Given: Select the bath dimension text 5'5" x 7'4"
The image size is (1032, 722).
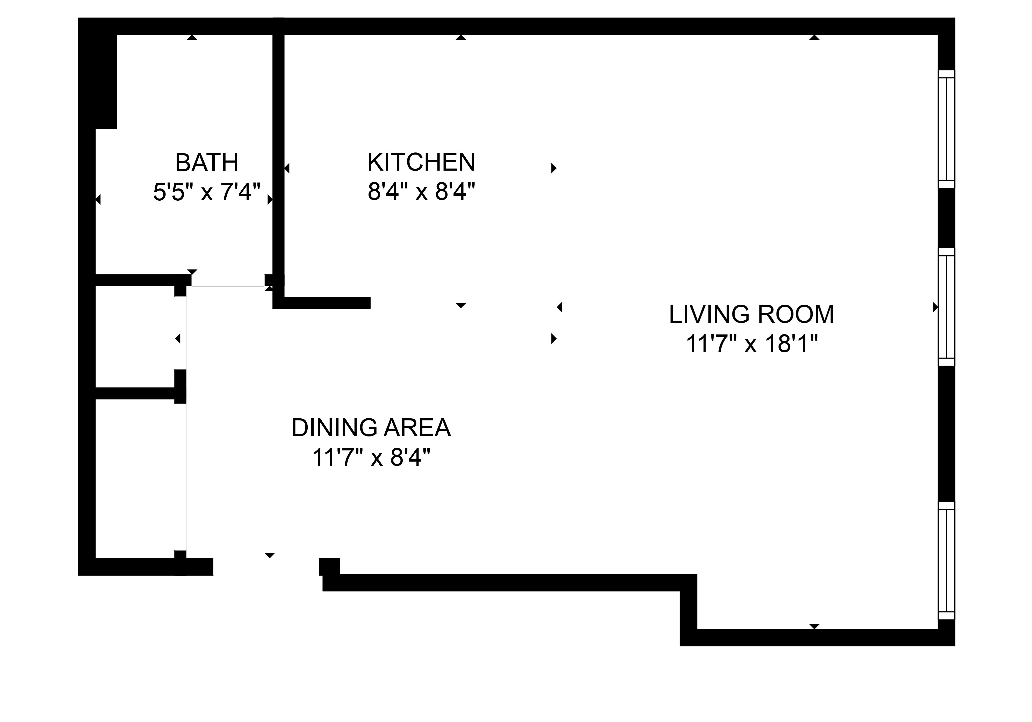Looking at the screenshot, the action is coord(207,192).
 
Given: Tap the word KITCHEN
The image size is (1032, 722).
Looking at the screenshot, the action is coord(421,162).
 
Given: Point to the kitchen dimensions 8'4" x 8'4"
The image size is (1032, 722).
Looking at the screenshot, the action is coord(421,192).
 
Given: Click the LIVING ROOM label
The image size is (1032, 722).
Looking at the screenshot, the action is coord(752,314).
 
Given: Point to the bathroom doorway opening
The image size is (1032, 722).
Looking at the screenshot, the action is coord(228,280).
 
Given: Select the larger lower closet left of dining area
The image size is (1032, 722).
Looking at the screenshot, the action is coord(135,478).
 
